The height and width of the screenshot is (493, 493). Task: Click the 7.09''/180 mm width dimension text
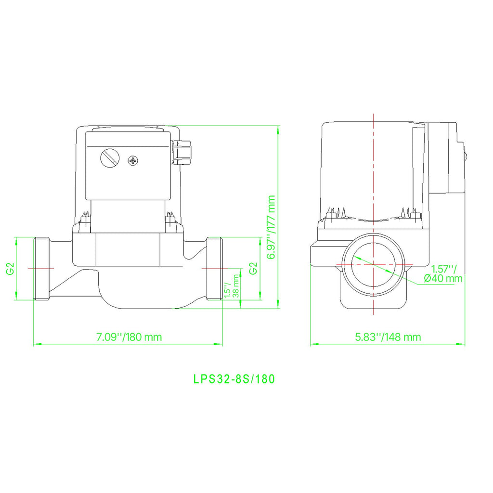coord(129,337)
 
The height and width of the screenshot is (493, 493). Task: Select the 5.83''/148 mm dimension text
coord(388,337)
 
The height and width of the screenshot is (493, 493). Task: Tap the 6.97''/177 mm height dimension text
coord(271,227)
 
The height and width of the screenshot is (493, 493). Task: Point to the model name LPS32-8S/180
coord(234,379)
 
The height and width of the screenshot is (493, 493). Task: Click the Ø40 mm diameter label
coord(443,278)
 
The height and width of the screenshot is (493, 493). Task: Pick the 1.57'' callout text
coord(443,269)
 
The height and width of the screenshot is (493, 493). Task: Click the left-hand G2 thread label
coord(11,269)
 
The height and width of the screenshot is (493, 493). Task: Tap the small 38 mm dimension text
coord(236,286)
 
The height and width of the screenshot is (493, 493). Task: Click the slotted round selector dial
coord(110,157)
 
